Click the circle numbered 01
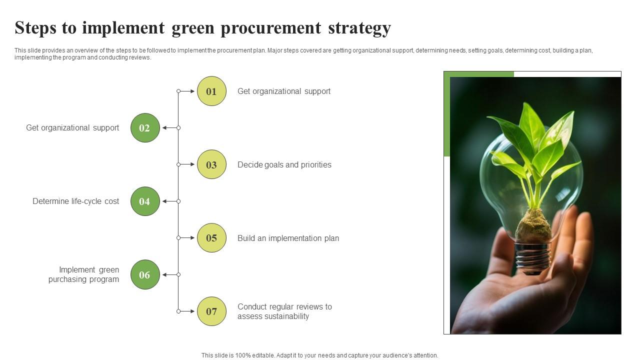tap(211, 91)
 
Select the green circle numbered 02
tap(145, 128)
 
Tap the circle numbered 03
tap(211, 164)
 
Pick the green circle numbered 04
tap(145, 201)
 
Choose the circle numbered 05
tap(211, 238)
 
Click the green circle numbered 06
tap(145, 274)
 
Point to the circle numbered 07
tap(211, 311)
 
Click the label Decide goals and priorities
tap(284, 165)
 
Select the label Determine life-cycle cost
tap(75, 201)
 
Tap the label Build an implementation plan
tap(288, 238)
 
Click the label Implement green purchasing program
tap(83, 274)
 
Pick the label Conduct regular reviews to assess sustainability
tap(284, 311)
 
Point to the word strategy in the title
tap(359, 28)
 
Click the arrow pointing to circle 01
tap(187, 91)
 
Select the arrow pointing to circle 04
tap(170, 201)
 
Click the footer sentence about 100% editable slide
tap(319, 355)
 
